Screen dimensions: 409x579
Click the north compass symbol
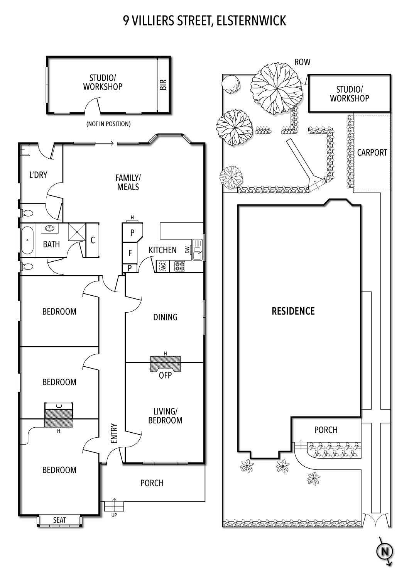pos(385,552)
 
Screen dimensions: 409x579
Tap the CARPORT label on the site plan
pos(372,152)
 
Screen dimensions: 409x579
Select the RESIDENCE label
pos(293,311)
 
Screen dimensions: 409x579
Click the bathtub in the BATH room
pos(27,240)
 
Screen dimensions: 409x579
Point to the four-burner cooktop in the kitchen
pos(180,266)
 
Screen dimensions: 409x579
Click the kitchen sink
pos(198,249)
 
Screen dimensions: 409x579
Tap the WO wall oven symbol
pos(163,266)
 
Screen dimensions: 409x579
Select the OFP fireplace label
pos(166,375)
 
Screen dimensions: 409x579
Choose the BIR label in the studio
pos(163,85)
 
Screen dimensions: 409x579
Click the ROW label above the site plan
pos(302,62)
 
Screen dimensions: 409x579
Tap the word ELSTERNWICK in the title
pos(251,21)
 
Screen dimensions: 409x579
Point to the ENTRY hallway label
pos(114,433)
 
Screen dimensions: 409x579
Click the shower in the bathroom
pos(77,232)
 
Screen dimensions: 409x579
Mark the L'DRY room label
pos(38,175)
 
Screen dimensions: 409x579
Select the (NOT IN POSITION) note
pos(108,124)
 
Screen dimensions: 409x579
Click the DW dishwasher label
pos(187,250)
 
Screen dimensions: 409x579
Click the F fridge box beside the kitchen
pos(130,253)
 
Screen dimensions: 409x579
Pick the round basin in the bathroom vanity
pos(50,228)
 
